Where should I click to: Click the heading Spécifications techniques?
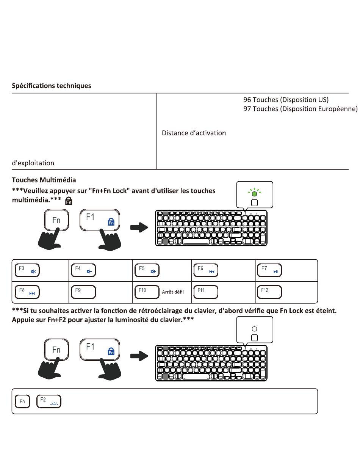click(51, 86)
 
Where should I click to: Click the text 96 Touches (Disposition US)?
click(286, 100)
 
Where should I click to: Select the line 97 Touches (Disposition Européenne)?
click(300, 109)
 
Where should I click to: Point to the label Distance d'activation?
click(194, 133)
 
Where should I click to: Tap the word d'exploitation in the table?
click(33, 163)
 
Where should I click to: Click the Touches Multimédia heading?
click(44, 180)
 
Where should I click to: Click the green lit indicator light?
click(255, 194)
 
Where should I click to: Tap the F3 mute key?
click(27, 270)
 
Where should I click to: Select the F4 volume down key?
click(83, 270)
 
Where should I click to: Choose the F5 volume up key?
click(147, 270)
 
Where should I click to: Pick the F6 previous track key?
click(206, 270)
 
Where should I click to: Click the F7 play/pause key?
click(269, 270)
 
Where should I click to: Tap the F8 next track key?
click(27, 292)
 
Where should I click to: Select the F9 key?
click(83, 292)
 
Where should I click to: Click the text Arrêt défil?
click(173, 292)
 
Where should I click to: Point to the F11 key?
click(206, 292)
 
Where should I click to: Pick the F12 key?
click(269, 292)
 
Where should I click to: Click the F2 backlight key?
click(49, 402)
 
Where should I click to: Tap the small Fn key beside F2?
click(22, 402)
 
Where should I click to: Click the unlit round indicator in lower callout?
click(255, 329)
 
